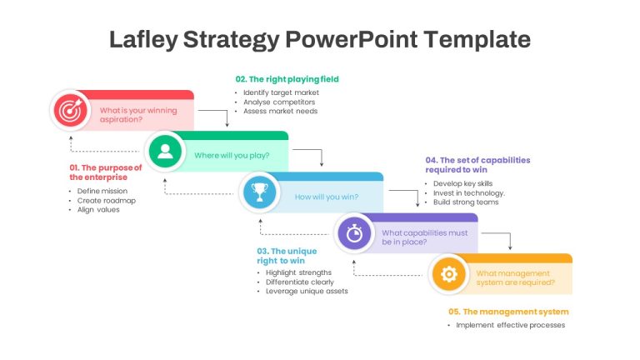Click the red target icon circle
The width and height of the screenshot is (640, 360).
point(71,110)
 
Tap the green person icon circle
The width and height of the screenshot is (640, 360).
point(165,152)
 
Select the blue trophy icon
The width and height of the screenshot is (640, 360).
point(260,192)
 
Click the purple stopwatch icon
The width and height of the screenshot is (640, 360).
point(354,233)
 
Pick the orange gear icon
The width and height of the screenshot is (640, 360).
point(449,274)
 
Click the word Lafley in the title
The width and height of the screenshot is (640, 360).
point(143,40)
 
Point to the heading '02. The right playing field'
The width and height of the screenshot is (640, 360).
point(287,79)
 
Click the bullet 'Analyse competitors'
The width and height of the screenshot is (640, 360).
point(279,102)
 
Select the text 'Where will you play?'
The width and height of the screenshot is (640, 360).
point(232,156)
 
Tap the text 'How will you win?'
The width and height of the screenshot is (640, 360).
point(327,197)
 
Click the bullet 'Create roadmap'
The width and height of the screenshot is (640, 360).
point(106,200)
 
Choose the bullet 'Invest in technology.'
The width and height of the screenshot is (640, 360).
point(469,193)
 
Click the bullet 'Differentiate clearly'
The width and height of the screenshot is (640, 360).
point(300,282)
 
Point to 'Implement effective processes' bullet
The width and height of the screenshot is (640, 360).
point(510,325)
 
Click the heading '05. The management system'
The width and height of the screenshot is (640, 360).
point(508,312)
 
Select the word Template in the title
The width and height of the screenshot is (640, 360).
point(477,40)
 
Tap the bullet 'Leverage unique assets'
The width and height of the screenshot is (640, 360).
point(307,291)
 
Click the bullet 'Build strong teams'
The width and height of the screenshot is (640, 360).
point(466,202)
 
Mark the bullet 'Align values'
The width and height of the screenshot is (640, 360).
point(98,210)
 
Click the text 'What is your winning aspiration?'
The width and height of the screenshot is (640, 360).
point(138,115)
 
